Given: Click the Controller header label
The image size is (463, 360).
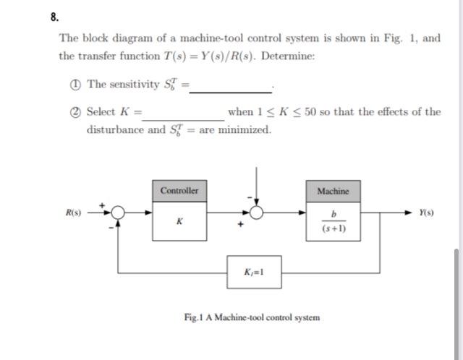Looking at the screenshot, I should pyautogui.click(x=179, y=190).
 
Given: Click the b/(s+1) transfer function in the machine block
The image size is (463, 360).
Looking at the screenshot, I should pyautogui.click(x=333, y=221).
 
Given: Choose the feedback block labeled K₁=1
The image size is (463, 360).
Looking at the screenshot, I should pyautogui.click(x=254, y=273).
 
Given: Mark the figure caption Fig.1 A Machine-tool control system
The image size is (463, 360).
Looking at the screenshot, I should pyautogui.click(x=252, y=317).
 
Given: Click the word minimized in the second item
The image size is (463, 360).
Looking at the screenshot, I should pyautogui.click(x=245, y=130).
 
